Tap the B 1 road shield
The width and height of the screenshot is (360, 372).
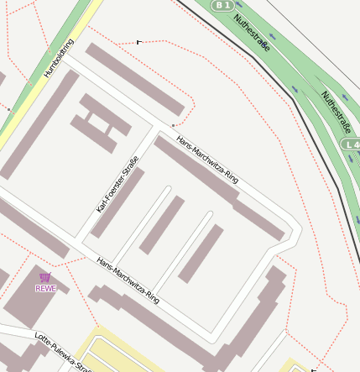click(x=222, y=5)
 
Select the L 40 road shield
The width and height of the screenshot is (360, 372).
click(x=351, y=145)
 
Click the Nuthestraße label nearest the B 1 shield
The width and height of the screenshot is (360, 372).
click(x=252, y=33)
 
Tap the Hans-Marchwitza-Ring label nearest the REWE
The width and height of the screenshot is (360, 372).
click(x=128, y=280)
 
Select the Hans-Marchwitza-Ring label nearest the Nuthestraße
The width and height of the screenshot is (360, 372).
click(x=208, y=160)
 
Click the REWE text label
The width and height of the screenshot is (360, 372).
click(x=46, y=289)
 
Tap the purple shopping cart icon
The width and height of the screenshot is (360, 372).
click(x=45, y=277)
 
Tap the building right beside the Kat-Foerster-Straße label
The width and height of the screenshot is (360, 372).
click(x=117, y=202)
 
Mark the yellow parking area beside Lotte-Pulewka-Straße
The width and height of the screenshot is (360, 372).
click(x=117, y=353)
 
